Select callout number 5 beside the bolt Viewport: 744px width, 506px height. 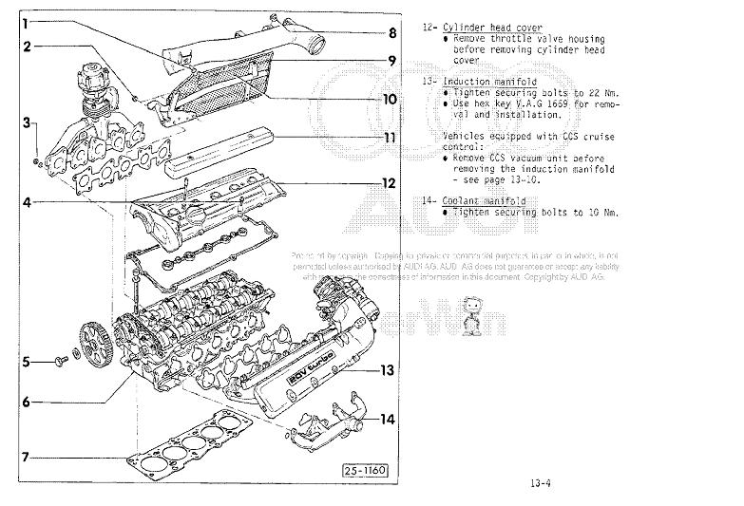pyautogui.click(x=27, y=361)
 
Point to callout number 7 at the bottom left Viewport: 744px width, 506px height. pyautogui.click(x=27, y=457)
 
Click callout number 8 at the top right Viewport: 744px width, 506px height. pyautogui.click(x=391, y=32)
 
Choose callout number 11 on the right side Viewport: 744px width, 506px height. pyautogui.click(x=390, y=137)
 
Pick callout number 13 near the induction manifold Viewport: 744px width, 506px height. pyautogui.click(x=387, y=370)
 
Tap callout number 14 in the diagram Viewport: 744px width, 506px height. pyautogui.click(x=387, y=419)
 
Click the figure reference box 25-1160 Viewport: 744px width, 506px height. pyautogui.click(x=366, y=471)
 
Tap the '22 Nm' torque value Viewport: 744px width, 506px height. pyautogui.click(x=602, y=93)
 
